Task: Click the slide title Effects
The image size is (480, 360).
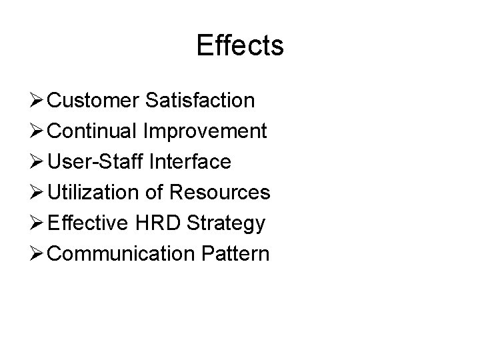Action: (240, 45)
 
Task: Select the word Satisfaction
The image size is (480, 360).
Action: (199, 101)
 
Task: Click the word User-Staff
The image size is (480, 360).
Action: (96, 162)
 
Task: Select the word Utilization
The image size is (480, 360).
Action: (94, 193)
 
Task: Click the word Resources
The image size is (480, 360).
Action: (220, 193)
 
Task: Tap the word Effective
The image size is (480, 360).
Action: (89, 223)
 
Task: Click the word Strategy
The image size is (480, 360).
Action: (227, 224)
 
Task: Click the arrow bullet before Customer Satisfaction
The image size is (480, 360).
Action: (37, 101)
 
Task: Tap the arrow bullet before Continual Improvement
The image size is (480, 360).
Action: (37, 131)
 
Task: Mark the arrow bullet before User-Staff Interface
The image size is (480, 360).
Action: (37, 162)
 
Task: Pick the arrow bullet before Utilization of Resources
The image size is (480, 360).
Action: (37, 193)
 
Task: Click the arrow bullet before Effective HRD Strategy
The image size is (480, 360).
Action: (37, 223)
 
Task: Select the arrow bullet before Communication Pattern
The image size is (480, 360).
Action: (37, 254)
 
